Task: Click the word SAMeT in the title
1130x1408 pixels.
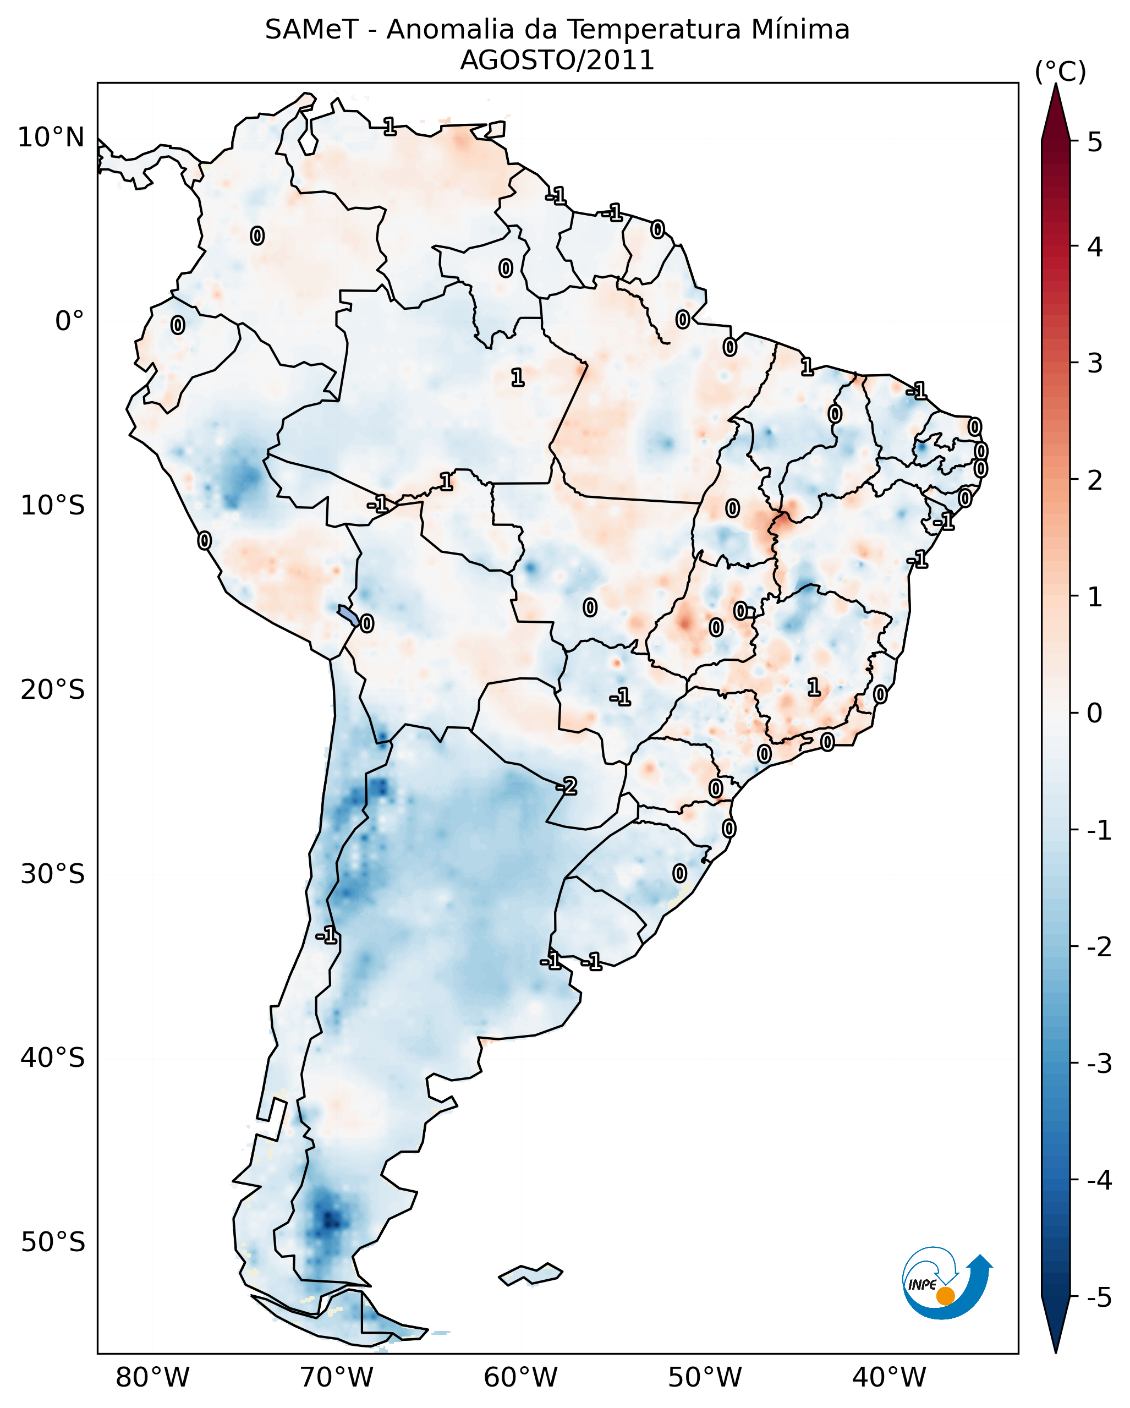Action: point(311,30)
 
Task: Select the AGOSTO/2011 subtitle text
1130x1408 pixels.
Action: point(557,61)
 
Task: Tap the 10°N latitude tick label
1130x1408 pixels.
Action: point(51,138)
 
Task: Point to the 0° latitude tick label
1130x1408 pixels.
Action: point(69,321)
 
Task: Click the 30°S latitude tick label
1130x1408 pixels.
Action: point(52,874)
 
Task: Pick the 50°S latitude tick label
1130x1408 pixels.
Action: point(52,1242)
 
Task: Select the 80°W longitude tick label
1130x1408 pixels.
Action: point(152,1377)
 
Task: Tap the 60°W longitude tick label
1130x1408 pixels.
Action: point(520,1377)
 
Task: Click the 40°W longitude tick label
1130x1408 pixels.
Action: point(888,1377)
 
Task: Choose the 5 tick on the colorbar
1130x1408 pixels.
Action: point(1095,142)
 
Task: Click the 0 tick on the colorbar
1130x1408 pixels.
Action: point(1095,713)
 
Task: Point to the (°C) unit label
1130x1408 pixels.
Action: point(1060,72)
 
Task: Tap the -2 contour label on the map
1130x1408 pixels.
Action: point(566,786)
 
